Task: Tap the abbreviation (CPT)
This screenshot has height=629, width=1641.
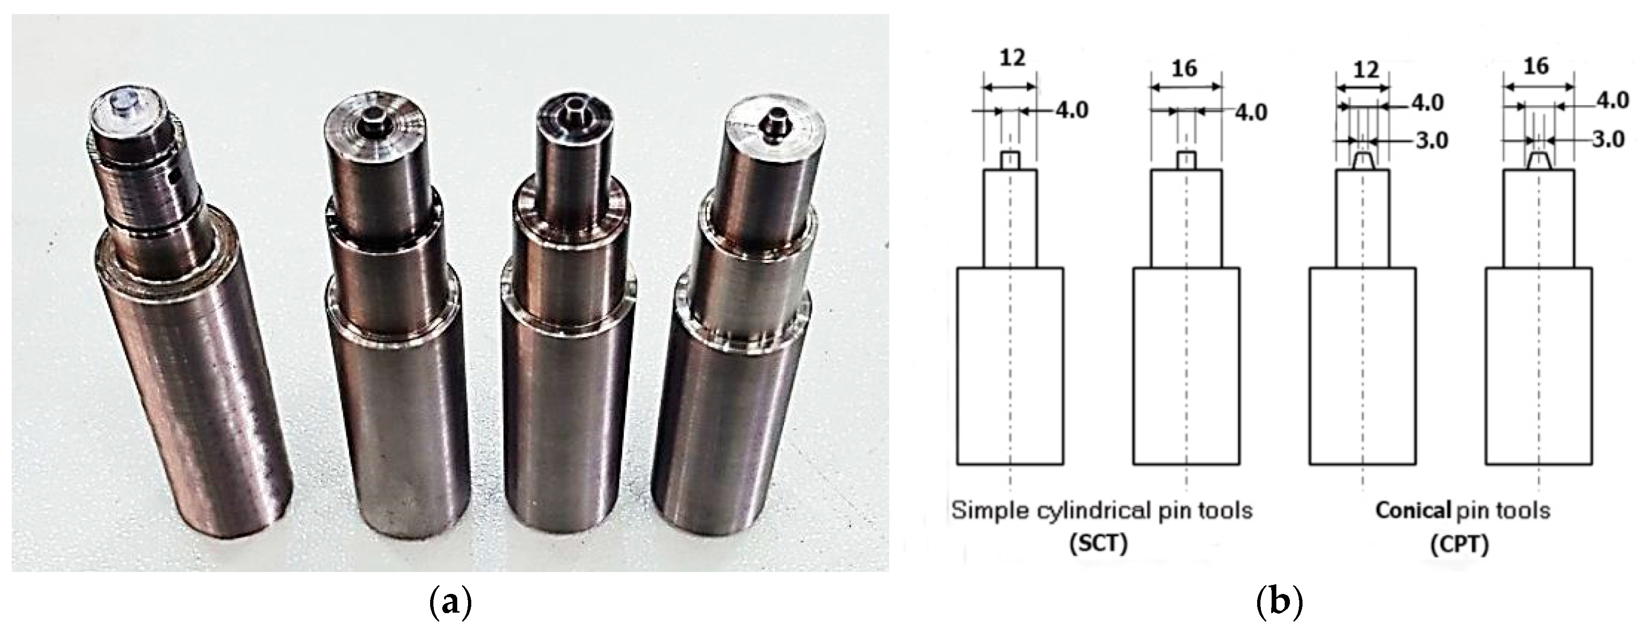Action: [x=1459, y=546]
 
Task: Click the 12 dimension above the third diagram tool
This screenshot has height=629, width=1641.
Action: [x=1365, y=69]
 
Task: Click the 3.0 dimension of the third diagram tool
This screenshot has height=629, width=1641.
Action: [x=1431, y=140]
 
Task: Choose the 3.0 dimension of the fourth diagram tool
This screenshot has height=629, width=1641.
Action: [x=1609, y=139]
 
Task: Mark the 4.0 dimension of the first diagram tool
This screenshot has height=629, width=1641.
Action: [x=1072, y=110]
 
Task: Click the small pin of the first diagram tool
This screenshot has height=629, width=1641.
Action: [x=1010, y=160]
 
